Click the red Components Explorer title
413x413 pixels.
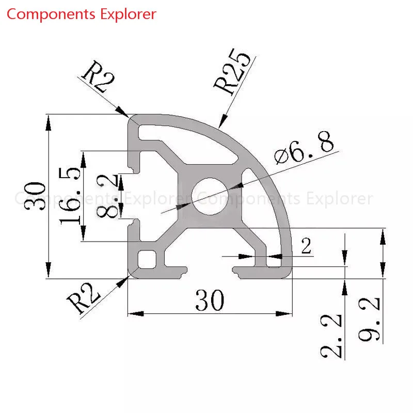pyautogui.click(x=82, y=14)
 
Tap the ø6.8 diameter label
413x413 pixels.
pyautogui.click(x=304, y=148)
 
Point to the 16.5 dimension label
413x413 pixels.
pyautogui.click(x=70, y=196)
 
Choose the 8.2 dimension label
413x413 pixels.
pyautogui.click(x=107, y=196)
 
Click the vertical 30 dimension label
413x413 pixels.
pyautogui.click(x=35, y=196)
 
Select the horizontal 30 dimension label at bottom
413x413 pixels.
pyautogui.click(x=210, y=300)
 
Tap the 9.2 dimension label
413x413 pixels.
pyautogui.click(x=369, y=319)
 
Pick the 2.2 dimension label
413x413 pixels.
pyautogui.click(x=331, y=336)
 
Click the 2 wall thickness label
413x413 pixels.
pyautogui.click(x=306, y=246)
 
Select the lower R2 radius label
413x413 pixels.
pyautogui.click(x=83, y=299)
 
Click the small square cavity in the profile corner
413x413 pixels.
pyautogui.click(x=147, y=260)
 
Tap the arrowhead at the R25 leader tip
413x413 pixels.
pyautogui.click(x=222, y=121)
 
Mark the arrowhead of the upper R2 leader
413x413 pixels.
pyautogui.click(x=123, y=112)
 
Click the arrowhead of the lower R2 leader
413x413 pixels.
pyautogui.click(x=122, y=282)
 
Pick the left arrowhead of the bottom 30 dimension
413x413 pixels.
pyautogui.click(x=136, y=314)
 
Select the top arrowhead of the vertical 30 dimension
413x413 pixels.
pyautogui.click(x=48, y=123)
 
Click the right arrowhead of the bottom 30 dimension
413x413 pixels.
pyautogui.click(x=284, y=314)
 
